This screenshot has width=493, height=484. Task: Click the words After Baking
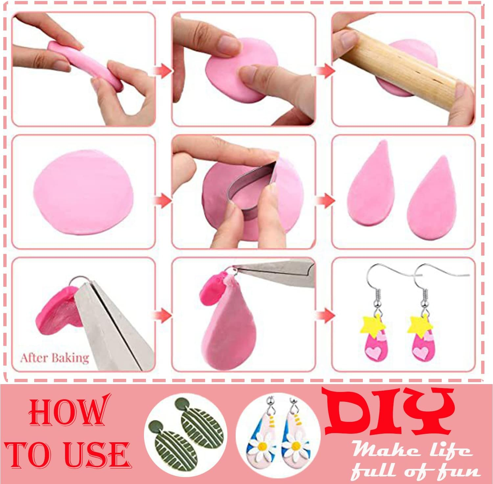(x=55, y=357)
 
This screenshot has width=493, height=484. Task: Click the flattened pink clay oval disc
(x=84, y=192)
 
